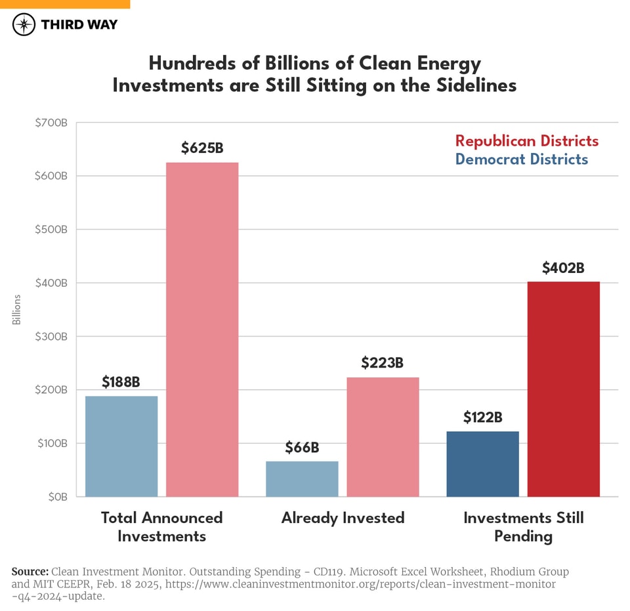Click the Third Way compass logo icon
click(x=24, y=24)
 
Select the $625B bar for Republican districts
click(x=202, y=329)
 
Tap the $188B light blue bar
click(x=121, y=446)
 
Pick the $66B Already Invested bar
click(x=302, y=479)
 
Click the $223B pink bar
click(x=383, y=436)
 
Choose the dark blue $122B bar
click(x=482, y=464)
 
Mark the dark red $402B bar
click(x=563, y=389)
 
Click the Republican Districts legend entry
click(x=526, y=141)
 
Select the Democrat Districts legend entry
click(x=521, y=159)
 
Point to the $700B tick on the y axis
click(x=51, y=123)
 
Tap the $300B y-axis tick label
click(x=51, y=337)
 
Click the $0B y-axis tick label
click(x=56, y=497)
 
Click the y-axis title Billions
click(x=16, y=310)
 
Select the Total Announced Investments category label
click(x=161, y=527)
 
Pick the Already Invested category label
click(x=343, y=518)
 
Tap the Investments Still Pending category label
click(x=523, y=527)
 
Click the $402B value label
click(x=563, y=268)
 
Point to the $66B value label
click(x=302, y=448)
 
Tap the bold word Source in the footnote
click(x=30, y=572)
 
